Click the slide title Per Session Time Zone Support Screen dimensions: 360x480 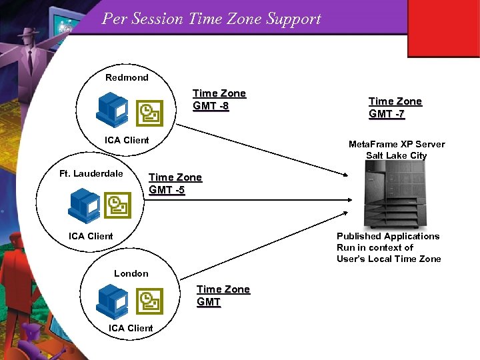click(x=211, y=19)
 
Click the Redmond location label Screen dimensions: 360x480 click(x=127, y=77)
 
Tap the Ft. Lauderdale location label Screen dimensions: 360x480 click(x=91, y=174)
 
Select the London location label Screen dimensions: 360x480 click(x=131, y=273)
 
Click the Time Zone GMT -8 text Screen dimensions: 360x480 click(x=219, y=100)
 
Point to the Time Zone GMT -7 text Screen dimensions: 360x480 click(x=395, y=108)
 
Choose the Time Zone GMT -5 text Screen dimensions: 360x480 click(x=175, y=183)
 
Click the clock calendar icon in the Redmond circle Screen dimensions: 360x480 click(x=149, y=114)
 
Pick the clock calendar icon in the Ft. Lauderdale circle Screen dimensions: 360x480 click(x=118, y=205)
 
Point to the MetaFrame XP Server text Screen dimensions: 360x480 click(x=397, y=144)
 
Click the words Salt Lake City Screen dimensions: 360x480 click(x=396, y=155)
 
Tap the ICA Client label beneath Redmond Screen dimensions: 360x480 click(x=127, y=140)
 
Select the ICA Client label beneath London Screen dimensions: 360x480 click(x=131, y=328)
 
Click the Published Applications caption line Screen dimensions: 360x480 click(x=388, y=236)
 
